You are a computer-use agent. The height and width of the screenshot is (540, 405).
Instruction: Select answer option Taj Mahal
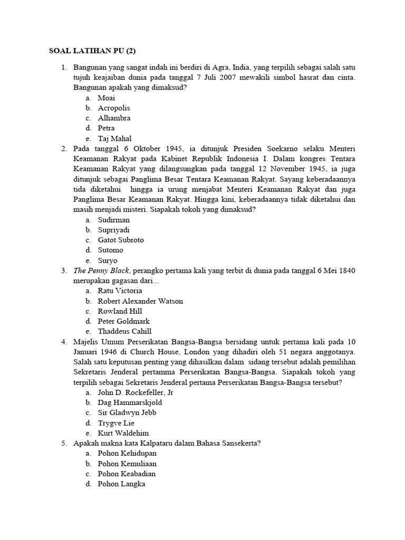tap(114, 138)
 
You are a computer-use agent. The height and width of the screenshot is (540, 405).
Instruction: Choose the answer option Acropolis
tap(113, 108)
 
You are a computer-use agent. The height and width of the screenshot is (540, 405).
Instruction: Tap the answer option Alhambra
tap(114, 118)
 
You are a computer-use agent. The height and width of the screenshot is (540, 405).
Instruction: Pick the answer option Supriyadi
tap(113, 230)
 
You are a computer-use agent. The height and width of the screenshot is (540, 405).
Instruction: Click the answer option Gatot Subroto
tap(120, 240)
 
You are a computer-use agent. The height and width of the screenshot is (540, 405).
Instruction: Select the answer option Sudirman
tap(113, 220)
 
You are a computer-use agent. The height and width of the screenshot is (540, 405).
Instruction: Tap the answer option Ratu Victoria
tap(120, 291)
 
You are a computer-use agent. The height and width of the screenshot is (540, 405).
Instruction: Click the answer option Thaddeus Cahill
tap(123, 331)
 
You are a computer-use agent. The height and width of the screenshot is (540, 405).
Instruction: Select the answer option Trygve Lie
tap(116, 423)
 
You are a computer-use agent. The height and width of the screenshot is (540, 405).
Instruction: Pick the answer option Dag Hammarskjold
tap(130, 402)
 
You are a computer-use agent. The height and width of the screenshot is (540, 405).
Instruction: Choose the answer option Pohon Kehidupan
tap(127, 454)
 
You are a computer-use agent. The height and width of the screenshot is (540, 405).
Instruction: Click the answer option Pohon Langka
tap(121, 484)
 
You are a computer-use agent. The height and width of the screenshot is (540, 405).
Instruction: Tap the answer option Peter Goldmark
tap(123, 321)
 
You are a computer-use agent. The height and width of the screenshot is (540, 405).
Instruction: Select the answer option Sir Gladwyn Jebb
tap(127, 412)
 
